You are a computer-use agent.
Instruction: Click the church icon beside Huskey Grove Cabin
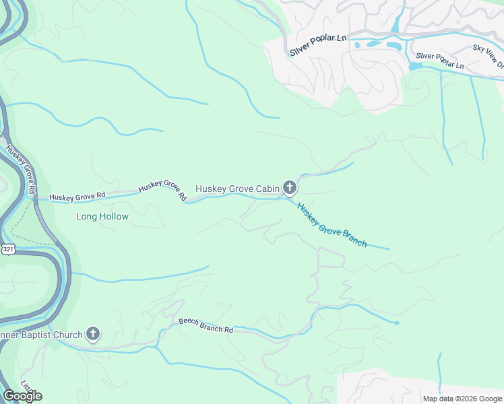(290, 188)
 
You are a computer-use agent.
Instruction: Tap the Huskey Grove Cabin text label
(237, 189)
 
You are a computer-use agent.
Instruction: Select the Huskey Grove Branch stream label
(332, 226)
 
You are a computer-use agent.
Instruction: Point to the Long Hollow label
(102, 217)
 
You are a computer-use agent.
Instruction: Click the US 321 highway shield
(7, 249)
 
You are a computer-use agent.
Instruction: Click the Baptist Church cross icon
(93, 334)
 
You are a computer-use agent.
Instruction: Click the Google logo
(22, 396)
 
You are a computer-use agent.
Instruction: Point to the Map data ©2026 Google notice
(462, 399)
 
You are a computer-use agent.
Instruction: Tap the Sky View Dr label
(488, 57)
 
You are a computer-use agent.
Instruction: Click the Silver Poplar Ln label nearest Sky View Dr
(440, 61)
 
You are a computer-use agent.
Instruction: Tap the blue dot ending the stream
(397, 323)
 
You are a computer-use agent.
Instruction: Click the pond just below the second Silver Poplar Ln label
(415, 67)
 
